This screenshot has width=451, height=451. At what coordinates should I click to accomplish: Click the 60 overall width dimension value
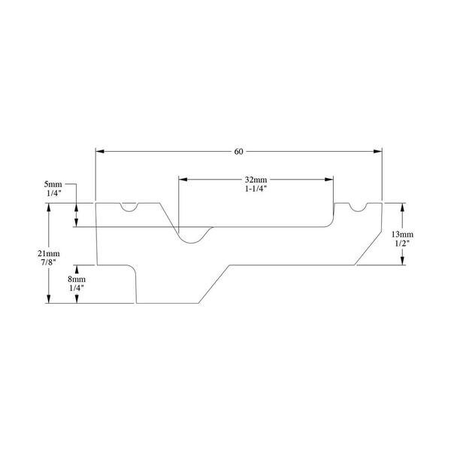click(x=238, y=152)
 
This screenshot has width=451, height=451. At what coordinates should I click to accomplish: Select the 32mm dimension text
click(x=256, y=180)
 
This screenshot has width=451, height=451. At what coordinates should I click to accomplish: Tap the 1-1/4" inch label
click(x=256, y=189)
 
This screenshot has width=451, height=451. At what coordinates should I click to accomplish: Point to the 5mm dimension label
click(x=53, y=184)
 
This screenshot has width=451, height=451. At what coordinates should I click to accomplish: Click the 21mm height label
click(x=49, y=253)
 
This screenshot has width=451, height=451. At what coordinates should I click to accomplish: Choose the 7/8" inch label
click(x=49, y=262)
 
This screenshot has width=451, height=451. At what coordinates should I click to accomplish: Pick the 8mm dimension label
click(x=77, y=279)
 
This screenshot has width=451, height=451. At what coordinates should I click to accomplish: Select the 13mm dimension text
click(x=402, y=234)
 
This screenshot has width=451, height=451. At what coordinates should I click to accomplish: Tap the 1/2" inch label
click(x=402, y=243)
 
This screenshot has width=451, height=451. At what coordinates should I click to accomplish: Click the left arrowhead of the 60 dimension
click(x=99, y=151)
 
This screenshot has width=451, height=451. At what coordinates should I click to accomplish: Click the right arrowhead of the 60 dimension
click(x=377, y=151)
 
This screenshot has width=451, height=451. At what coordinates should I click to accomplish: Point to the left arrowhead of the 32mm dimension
click(x=183, y=180)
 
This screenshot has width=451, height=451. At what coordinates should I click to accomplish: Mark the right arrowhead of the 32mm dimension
click(x=329, y=180)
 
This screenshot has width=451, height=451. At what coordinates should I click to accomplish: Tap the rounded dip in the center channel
click(x=192, y=243)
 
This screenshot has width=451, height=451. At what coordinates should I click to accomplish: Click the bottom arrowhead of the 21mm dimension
click(x=49, y=299)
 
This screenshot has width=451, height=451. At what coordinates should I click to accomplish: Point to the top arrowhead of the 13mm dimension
click(x=402, y=207)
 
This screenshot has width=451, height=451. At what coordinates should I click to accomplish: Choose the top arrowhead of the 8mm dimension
click(x=77, y=269)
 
